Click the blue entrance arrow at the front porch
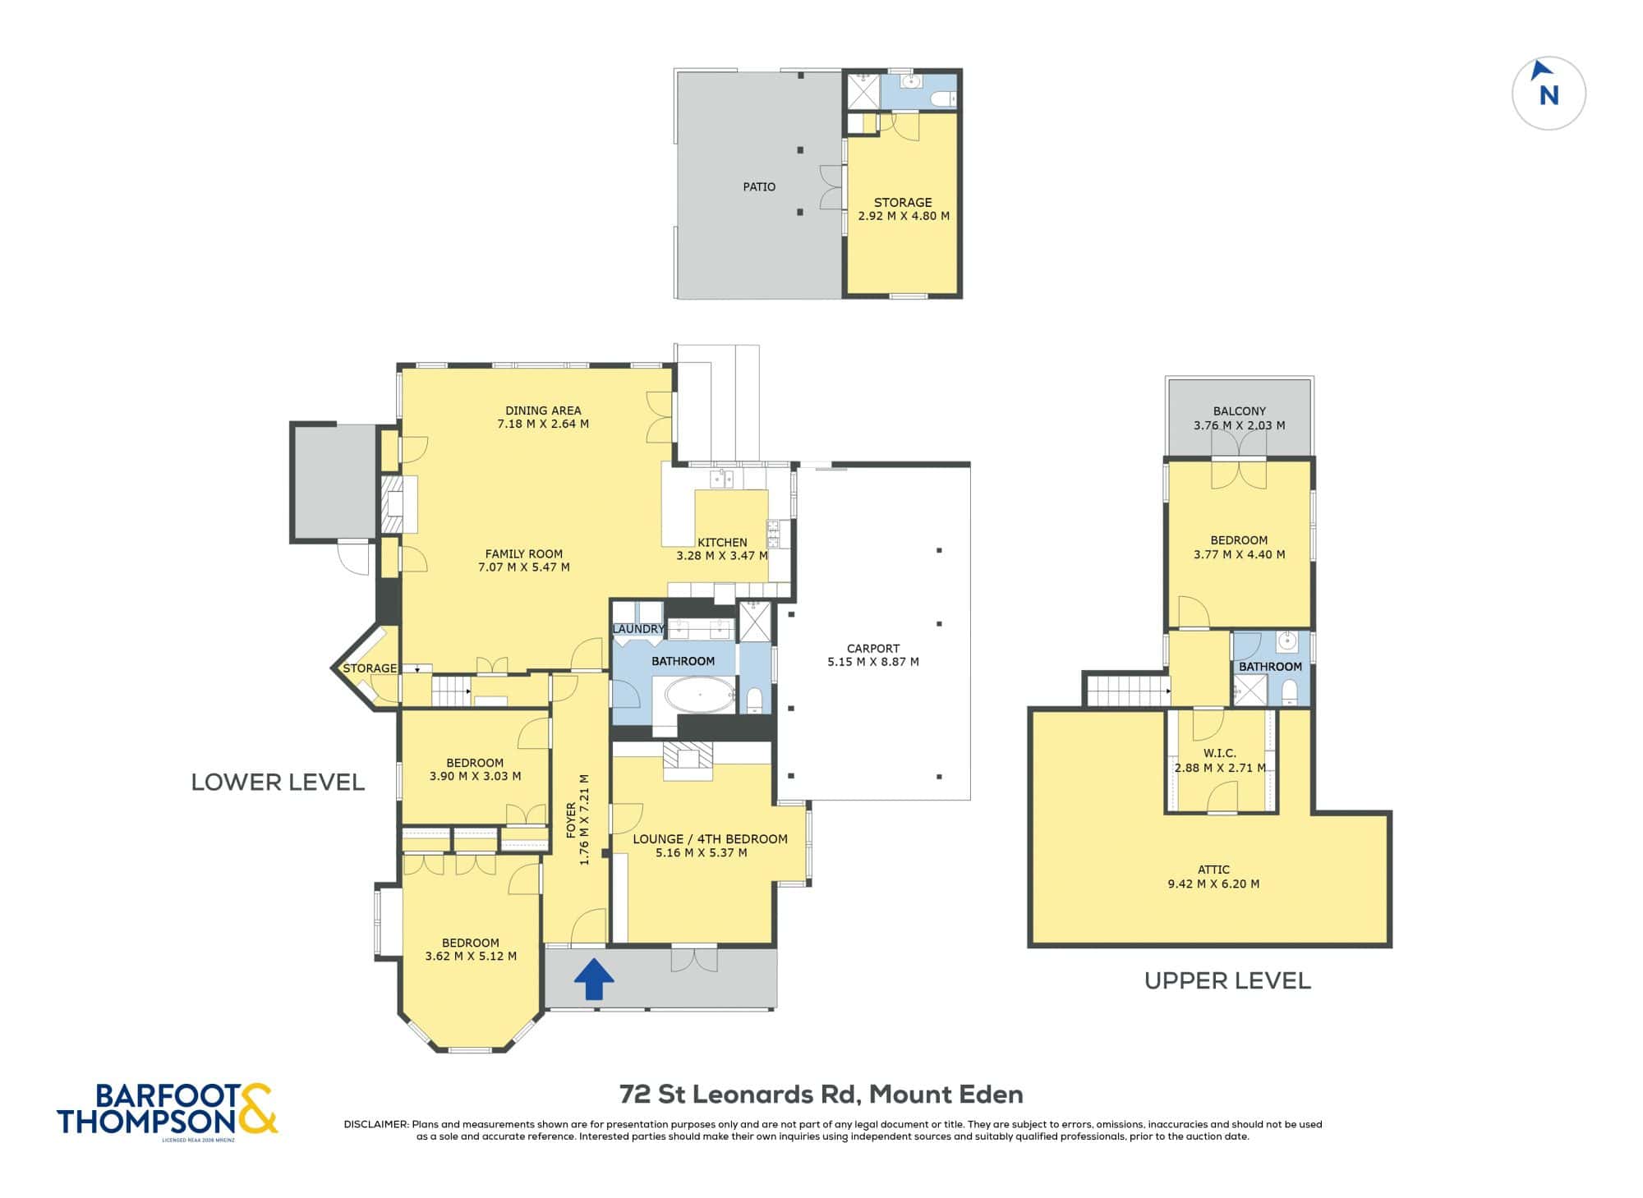coord(593,980)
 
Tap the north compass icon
coord(1549,93)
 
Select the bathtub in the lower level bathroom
coord(700,695)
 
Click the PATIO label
coord(759,187)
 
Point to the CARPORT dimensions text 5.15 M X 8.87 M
coord(873,662)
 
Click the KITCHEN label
coord(722,542)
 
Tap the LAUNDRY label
coord(637,629)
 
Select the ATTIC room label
coord(1213,870)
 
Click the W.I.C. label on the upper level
coord(1219,753)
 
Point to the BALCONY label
coord(1239,411)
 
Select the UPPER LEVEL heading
coord(1227,980)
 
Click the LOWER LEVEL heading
coord(278,783)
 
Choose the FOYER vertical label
coord(571,819)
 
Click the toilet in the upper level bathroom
coord(1290,691)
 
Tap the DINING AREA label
coord(542,411)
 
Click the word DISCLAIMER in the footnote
coord(375,1125)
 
